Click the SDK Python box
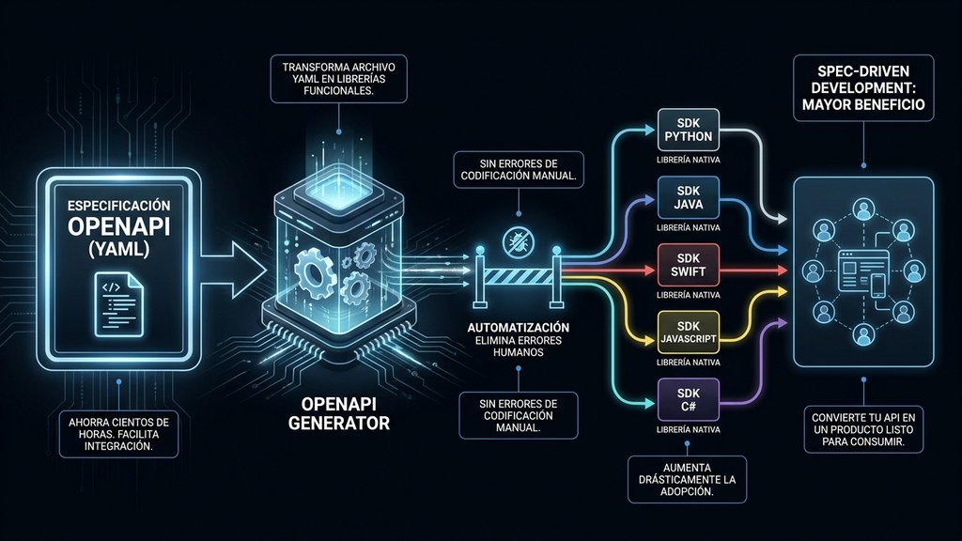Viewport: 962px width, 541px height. (x=688, y=130)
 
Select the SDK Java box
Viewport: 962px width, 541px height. (x=688, y=197)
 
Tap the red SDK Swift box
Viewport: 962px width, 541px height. (x=688, y=265)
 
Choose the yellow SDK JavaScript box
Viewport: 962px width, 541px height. (x=688, y=332)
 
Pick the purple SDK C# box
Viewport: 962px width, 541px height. (x=688, y=399)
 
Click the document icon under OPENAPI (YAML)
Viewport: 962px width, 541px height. (x=119, y=305)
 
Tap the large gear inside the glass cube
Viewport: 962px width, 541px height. (x=314, y=270)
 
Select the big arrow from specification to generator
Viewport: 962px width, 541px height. (x=234, y=270)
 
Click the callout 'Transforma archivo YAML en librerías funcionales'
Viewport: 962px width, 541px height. (x=338, y=79)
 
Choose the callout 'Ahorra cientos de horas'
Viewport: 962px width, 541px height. (x=118, y=434)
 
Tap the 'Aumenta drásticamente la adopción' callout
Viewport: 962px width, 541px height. (x=687, y=480)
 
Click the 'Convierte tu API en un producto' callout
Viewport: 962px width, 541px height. (x=863, y=429)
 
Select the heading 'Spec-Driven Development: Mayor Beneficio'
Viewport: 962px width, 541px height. (x=863, y=87)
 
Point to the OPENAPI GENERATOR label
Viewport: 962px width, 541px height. (x=338, y=413)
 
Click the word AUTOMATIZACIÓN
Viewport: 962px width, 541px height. (x=519, y=328)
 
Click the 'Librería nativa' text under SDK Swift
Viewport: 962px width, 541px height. (x=688, y=295)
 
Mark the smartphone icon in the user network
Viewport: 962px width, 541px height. (x=878, y=286)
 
